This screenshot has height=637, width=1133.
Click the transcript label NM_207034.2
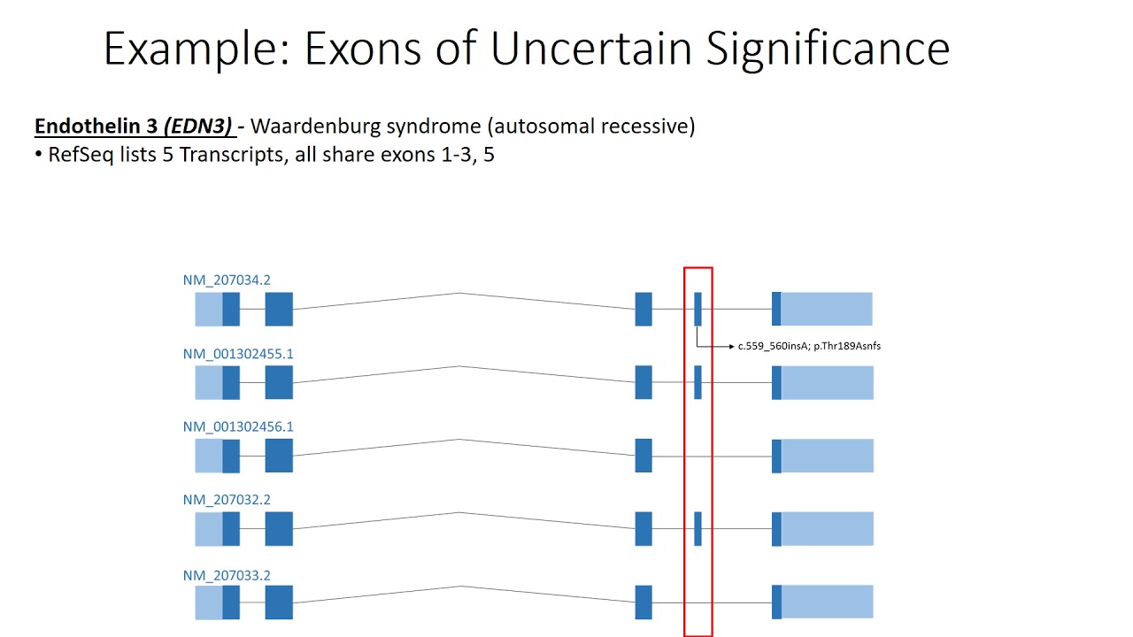[x=227, y=280]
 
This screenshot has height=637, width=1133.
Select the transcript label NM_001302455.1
[x=238, y=354]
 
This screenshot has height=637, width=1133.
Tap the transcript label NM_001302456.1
[x=238, y=426]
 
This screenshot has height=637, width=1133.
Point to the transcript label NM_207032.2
[x=227, y=500]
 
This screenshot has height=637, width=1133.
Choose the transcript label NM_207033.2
[x=227, y=575]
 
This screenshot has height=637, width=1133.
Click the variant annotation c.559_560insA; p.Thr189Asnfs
[x=809, y=346]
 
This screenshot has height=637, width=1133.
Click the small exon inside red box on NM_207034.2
[x=698, y=309]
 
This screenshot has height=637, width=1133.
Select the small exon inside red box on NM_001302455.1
[x=698, y=382]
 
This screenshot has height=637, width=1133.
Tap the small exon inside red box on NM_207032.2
[x=698, y=528]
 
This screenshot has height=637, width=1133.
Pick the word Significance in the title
[x=828, y=49]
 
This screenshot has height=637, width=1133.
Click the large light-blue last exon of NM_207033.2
[x=827, y=602]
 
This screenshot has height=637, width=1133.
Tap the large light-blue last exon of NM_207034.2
[x=827, y=309]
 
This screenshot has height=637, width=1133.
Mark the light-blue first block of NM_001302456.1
[x=209, y=456]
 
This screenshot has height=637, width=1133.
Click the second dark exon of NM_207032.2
[x=279, y=528]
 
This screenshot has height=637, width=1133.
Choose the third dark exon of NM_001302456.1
[x=644, y=456]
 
